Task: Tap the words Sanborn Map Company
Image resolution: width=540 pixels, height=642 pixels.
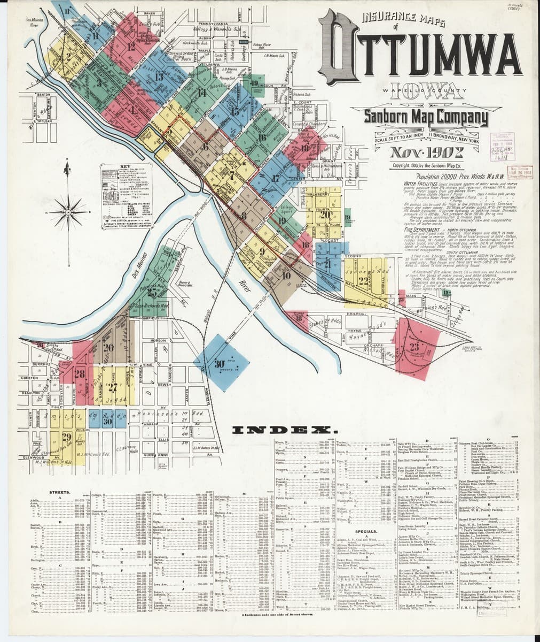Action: [425, 116]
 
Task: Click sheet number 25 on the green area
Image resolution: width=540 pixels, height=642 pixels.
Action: [154, 293]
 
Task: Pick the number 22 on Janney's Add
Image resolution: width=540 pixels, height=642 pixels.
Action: [363, 280]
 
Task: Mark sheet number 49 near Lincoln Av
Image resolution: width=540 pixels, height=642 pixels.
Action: [254, 82]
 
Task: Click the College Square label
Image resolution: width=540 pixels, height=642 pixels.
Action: [287, 207]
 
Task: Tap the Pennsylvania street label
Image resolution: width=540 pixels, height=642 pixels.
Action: [213, 25]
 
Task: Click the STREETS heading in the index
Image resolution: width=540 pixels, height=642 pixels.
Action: [60, 492]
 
